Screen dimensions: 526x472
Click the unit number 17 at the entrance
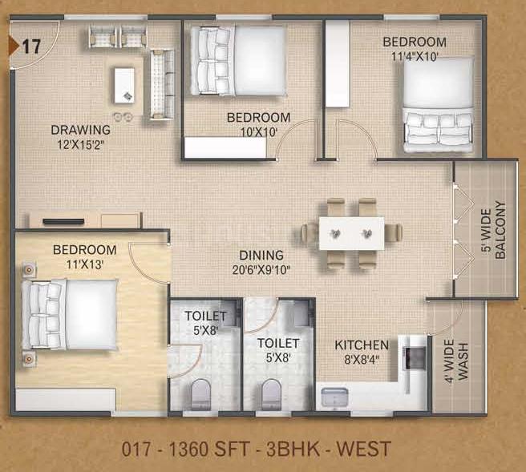31,46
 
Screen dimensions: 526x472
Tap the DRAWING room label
80,130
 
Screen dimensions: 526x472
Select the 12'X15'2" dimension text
81,145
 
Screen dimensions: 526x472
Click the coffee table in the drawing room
124,86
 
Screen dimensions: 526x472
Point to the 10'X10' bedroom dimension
259,132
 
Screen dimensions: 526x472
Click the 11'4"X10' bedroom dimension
415,56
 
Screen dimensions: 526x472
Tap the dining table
351,233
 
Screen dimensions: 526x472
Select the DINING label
261,256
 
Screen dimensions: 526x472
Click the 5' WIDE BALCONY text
493,230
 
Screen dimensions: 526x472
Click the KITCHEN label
362,345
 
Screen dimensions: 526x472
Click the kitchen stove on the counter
415,358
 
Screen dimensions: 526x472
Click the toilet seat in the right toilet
271,394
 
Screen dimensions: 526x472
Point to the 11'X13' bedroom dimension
84,264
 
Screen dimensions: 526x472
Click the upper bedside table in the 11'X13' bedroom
29,269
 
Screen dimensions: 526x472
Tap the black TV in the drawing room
63,221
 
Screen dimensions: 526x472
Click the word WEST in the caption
363,449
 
